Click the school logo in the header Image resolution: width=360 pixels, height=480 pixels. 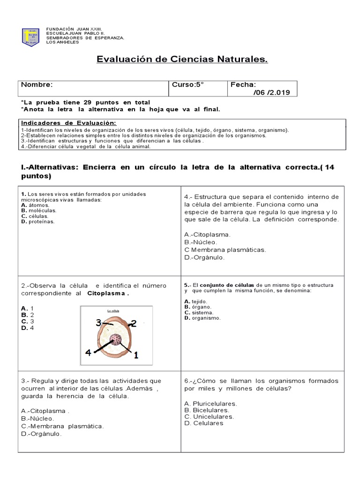[30, 37]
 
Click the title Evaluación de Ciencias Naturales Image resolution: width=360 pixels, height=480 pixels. [182, 60]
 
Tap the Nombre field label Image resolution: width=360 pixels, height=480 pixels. [37, 85]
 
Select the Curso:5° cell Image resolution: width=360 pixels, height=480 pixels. [188, 85]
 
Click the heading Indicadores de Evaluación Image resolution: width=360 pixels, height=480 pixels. [69, 123]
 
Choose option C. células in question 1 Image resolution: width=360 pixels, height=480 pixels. [35, 216]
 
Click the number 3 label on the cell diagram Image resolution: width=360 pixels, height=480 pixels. [98, 322]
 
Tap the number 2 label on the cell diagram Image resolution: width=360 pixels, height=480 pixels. [133, 323]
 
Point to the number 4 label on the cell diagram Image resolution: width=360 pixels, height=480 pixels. [88, 353]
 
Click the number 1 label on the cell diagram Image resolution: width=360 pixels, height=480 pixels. [136, 355]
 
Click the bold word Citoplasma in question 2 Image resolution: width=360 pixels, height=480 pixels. [107, 293]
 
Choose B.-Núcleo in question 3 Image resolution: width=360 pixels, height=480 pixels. [37, 418]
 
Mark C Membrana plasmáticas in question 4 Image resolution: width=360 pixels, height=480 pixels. [225, 250]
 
